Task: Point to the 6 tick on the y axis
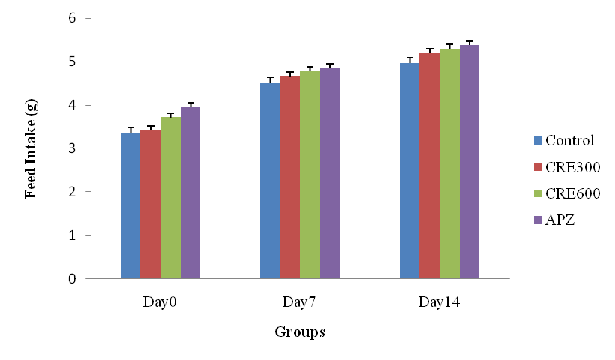[72, 18]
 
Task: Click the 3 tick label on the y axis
[72, 148]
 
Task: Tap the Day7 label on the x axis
[299, 302]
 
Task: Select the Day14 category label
[439, 302]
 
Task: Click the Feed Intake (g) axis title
[31, 149]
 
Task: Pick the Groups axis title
[299, 331]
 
